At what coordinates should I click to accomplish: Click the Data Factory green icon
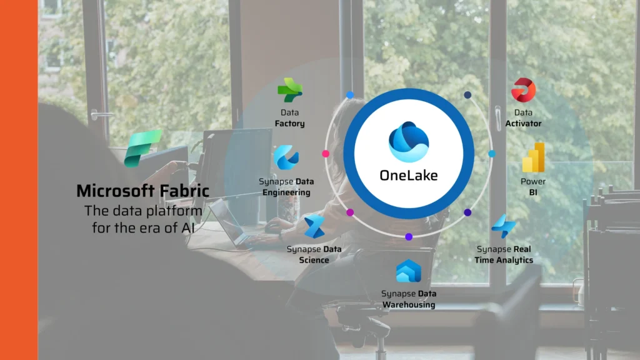click(289, 90)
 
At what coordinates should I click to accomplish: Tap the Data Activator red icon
click(523, 91)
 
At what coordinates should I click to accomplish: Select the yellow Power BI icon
click(533, 157)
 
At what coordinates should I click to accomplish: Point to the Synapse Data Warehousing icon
click(409, 271)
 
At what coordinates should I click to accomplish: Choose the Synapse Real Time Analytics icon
click(503, 226)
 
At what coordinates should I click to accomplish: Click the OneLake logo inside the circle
click(408, 141)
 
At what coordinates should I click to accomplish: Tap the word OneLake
click(408, 175)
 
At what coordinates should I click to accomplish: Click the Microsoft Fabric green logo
click(143, 149)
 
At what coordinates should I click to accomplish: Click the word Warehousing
click(409, 305)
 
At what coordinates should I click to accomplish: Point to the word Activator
click(524, 124)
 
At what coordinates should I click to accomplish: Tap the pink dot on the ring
click(325, 154)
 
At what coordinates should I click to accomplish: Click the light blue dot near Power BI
click(491, 153)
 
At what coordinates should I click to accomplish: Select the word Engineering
click(286, 192)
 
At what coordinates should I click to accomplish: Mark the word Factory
click(289, 124)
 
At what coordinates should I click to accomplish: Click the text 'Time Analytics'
click(504, 260)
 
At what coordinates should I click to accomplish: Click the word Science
click(314, 260)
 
